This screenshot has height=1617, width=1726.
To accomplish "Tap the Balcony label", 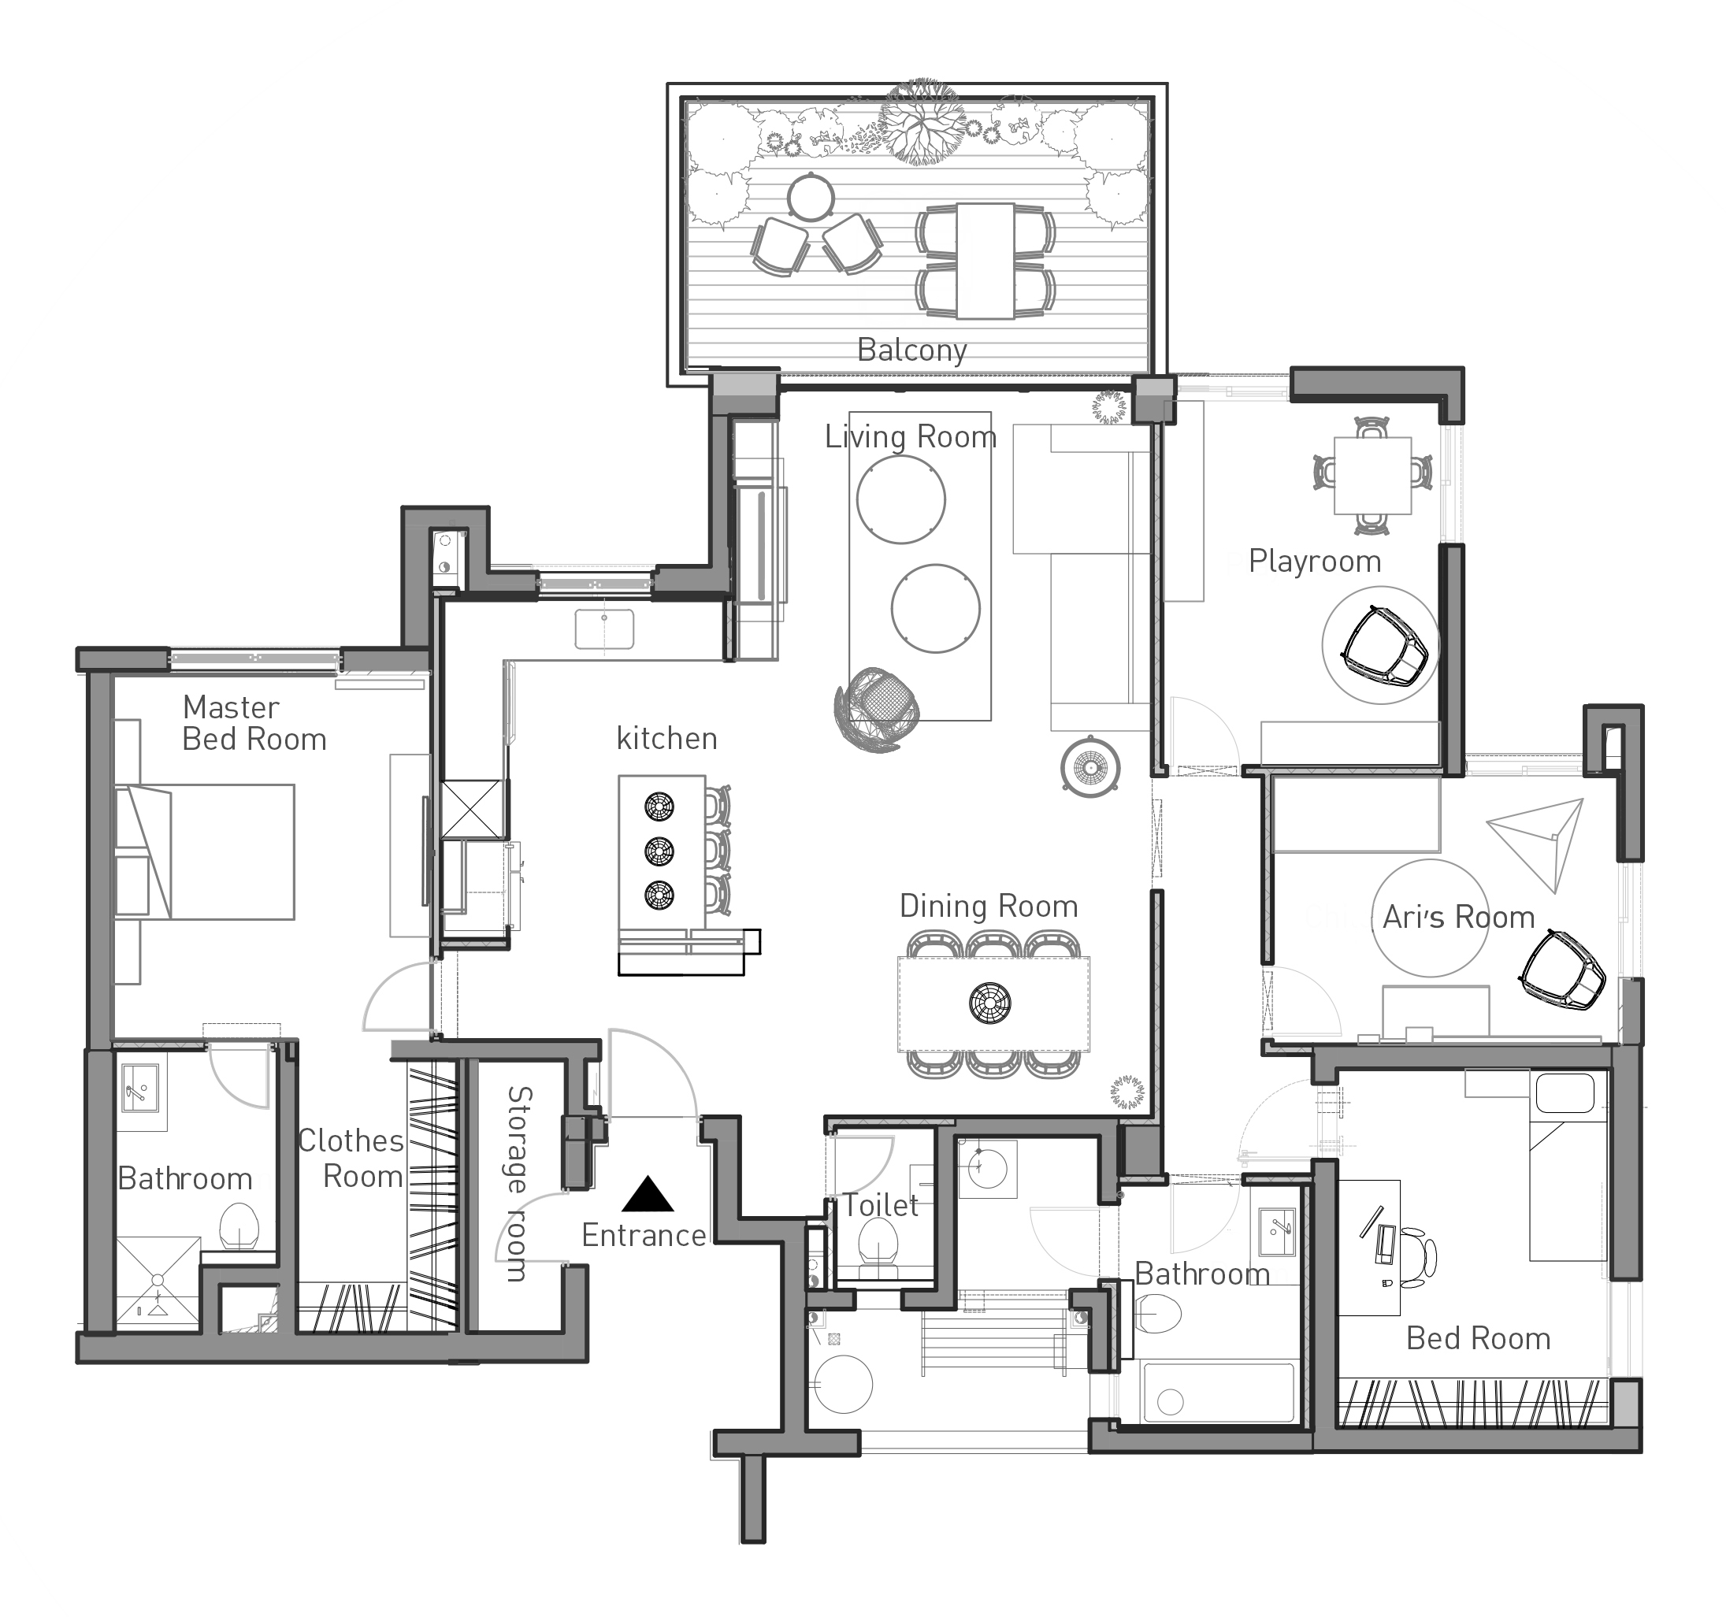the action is [911, 350].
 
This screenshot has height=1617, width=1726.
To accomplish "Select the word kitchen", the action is [666, 738].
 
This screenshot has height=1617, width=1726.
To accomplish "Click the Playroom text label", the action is [1315, 562].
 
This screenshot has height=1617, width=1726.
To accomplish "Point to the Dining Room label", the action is [988, 906].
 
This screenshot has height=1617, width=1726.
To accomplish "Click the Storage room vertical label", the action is [517, 1183].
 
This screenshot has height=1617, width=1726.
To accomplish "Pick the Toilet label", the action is [881, 1206].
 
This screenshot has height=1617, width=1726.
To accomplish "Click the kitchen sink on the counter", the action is [604, 629].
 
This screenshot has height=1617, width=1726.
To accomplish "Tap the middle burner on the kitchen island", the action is [660, 851].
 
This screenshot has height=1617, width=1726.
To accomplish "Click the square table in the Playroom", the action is [1372, 475].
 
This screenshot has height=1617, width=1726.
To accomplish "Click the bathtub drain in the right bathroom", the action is [1171, 1402].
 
